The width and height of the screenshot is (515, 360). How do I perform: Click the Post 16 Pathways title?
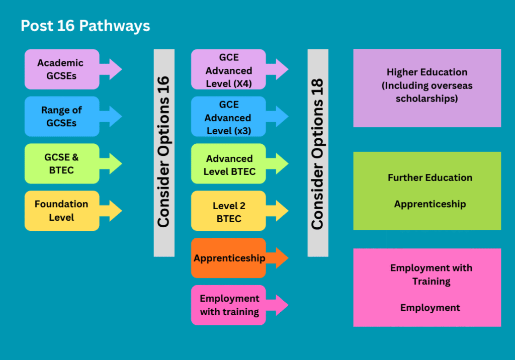85,26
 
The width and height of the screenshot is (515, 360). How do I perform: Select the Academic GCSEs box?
60,69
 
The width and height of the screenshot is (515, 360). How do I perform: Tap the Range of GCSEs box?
61,117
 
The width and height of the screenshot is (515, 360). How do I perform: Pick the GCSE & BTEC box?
61,164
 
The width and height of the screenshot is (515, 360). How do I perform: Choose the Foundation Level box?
61,211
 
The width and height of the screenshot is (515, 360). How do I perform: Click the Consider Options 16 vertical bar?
164,152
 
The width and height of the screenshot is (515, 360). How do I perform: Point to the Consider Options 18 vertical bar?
318,152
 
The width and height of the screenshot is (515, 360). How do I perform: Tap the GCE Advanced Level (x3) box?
228,117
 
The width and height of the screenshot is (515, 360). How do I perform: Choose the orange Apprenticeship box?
228,258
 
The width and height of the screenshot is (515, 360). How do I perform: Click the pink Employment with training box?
228,305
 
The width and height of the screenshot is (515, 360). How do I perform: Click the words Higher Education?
427,72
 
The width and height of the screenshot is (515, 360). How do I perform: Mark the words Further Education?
430,177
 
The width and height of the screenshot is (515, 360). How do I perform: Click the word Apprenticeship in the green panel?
430,204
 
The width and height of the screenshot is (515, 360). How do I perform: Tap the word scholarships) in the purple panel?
427,99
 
